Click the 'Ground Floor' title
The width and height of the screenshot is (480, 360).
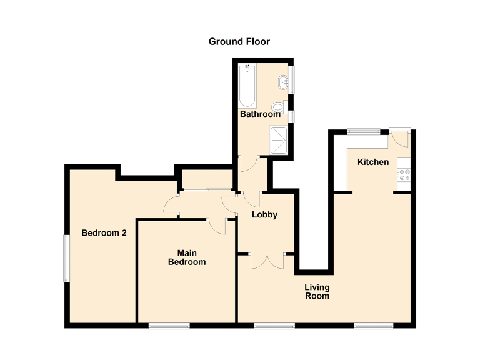point(239,42)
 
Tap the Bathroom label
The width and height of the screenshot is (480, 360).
point(260,114)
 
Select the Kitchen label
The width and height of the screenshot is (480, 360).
point(373,162)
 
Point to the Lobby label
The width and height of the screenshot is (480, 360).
point(264,214)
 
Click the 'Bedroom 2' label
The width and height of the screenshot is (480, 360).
point(104,233)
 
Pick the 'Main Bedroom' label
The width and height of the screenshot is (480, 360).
point(187,257)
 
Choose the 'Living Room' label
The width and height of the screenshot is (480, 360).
point(317,291)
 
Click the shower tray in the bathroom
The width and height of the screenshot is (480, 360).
point(279,139)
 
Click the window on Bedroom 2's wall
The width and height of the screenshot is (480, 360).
point(66,257)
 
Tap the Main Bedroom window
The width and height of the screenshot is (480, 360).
point(169,326)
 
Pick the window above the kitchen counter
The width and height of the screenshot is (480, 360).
point(364,131)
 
